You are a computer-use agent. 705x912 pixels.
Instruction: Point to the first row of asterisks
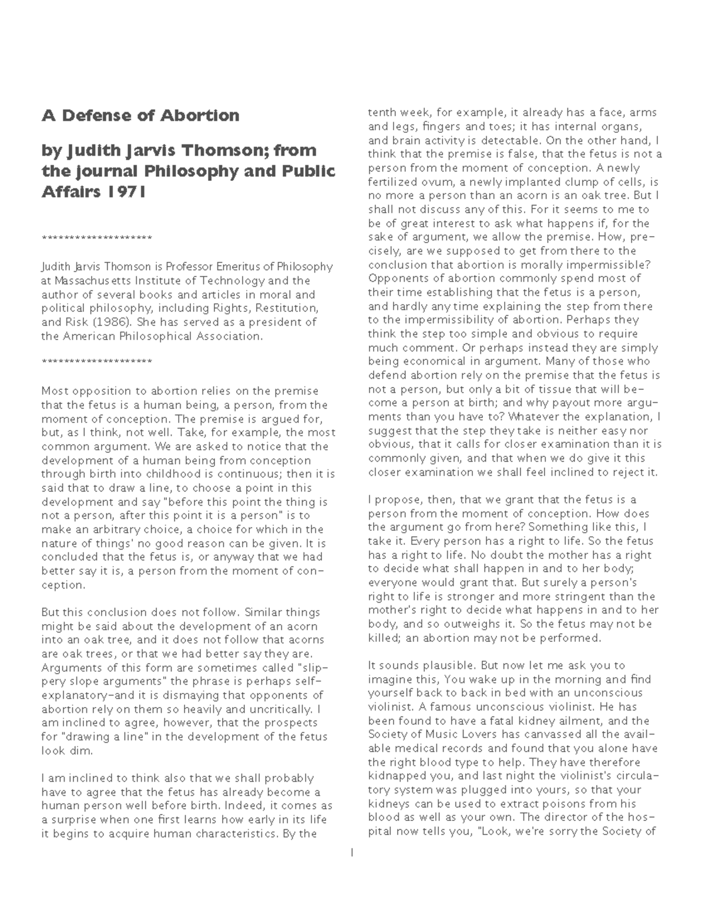pyautogui.click(x=97, y=238)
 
